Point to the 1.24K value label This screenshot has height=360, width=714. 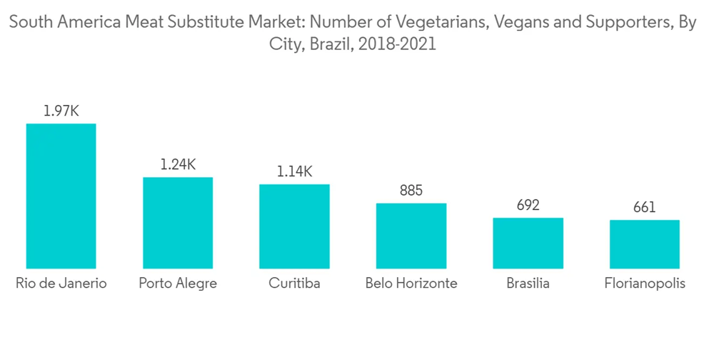click(x=178, y=164)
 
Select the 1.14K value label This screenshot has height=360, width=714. click(x=294, y=171)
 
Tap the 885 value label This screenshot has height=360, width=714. click(x=411, y=191)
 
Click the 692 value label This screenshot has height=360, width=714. click(x=528, y=206)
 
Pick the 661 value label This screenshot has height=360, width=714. click(x=645, y=208)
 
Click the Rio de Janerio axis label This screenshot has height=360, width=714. click(x=61, y=284)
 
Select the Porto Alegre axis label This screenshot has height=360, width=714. click(x=178, y=284)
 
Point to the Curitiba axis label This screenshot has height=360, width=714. click(x=294, y=284)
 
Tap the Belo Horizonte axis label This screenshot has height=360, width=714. click(x=411, y=284)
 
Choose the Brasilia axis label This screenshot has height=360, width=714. click(x=528, y=284)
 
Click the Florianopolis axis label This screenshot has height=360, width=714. click(x=645, y=284)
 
